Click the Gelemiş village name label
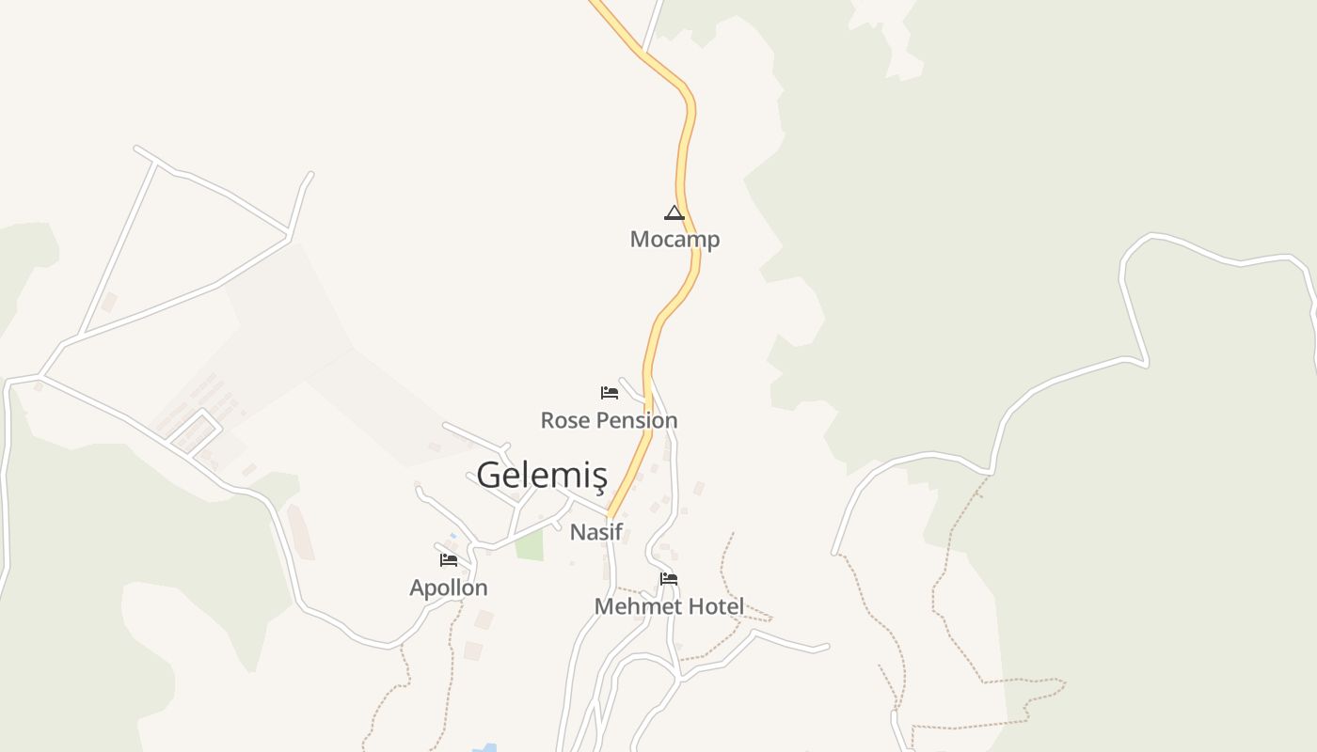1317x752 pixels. [x=541, y=476]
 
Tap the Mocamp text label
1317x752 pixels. [x=674, y=240]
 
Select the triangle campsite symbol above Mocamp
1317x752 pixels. [x=674, y=212]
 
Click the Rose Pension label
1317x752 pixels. [x=609, y=420]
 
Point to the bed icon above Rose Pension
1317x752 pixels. [x=610, y=392]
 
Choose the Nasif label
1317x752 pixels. [x=596, y=532]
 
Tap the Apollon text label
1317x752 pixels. [x=449, y=588]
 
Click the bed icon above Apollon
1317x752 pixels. [x=449, y=560]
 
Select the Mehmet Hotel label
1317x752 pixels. [x=669, y=607]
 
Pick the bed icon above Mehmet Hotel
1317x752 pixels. [x=669, y=579]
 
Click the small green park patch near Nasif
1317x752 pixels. [x=530, y=545]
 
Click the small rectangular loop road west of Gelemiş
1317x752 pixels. [x=196, y=431]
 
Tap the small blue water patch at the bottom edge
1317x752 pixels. [x=484, y=748]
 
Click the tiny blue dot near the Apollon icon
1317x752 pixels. [x=452, y=536]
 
